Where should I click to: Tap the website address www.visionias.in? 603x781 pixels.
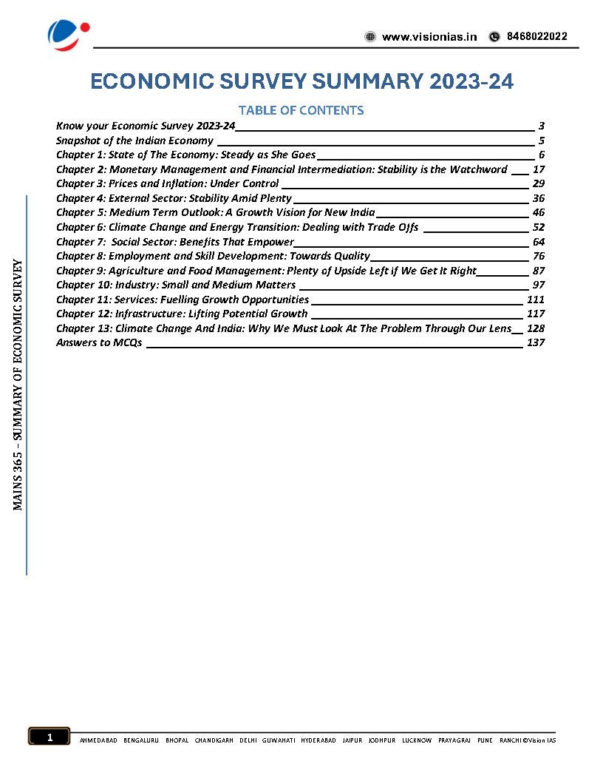(x=429, y=37)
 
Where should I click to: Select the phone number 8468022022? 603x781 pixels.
(x=536, y=37)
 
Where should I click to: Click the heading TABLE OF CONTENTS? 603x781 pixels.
(x=301, y=110)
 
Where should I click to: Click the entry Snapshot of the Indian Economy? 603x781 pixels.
(x=134, y=141)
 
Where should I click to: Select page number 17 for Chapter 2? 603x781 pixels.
(x=538, y=169)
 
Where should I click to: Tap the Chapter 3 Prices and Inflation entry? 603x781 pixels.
(x=168, y=183)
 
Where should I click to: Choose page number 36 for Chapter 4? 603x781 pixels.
(x=538, y=198)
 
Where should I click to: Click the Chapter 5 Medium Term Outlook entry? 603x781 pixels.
(x=215, y=212)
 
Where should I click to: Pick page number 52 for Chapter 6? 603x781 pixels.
(x=538, y=227)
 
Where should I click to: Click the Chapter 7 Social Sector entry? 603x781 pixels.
(x=175, y=242)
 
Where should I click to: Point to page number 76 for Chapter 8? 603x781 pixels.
(x=538, y=256)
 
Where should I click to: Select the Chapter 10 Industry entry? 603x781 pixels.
(x=176, y=285)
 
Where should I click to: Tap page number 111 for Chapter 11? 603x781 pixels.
(x=536, y=300)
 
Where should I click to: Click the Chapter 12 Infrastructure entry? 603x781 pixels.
(x=182, y=314)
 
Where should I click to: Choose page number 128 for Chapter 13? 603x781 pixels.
(x=536, y=328)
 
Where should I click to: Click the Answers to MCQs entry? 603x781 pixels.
(x=99, y=342)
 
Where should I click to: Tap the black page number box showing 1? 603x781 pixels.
(x=49, y=737)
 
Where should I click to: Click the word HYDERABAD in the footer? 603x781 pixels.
(x=318, y=740)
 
